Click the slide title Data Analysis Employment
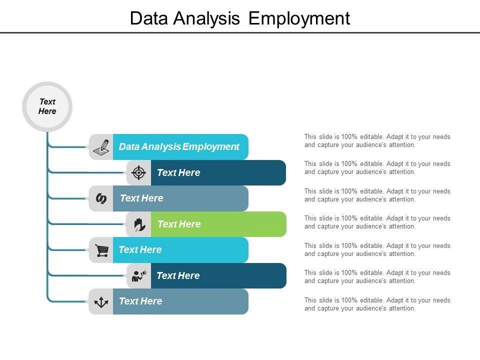coord(239,18)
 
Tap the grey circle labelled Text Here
coord(47,106)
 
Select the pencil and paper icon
coord(101,147)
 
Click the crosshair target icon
coord(139,173)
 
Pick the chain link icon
coord(101,198)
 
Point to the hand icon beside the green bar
coord(139,224)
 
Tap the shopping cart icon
coord(101,250)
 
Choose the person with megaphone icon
coord(138,276)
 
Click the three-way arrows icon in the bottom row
coord(101,302)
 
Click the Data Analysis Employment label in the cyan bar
coord(179,147)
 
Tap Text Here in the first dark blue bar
coord(178,173)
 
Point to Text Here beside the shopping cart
coord(140,250)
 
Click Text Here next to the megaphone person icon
coord(178,276)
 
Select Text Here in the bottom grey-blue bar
coord(140,301)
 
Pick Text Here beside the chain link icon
coord(141,198)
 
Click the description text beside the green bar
coord(377,222)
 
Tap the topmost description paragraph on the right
coord(377,141)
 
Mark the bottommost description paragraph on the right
coord(377,304)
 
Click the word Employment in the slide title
coord(299,18)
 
